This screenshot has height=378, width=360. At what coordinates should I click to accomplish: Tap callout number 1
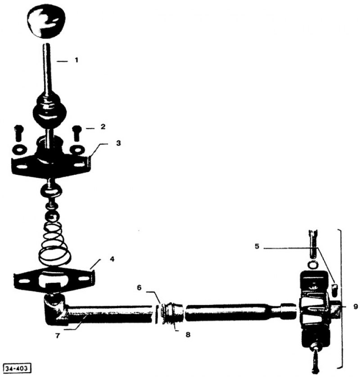pyautogui.click(x=76, y=60)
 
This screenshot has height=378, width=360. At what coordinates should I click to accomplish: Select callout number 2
pyautogui.click(x=103, y=127)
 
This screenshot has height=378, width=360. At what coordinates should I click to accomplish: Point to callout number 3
pyautogui.click(x=118, y=143)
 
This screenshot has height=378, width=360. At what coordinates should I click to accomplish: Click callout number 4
pyautogui.click(x=112, y=259)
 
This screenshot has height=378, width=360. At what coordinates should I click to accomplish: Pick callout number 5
pyautogui.click(x=257, y=246)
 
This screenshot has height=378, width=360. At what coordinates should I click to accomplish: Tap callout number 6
pyautogui.click(x=139, y=287)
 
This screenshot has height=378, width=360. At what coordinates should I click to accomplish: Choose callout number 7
pyautogui.click(x=57, y=335)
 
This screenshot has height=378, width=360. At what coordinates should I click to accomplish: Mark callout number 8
pyautogui.click(x=188, y=334)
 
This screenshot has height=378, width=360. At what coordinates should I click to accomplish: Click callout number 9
pyautogui.click(x=355, y=307)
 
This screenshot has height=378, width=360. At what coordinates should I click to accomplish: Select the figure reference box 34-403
pyautogui.click(x=17, y=369)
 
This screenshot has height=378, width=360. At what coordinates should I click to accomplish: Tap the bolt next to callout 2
pyautogui.click(x=77, y=133)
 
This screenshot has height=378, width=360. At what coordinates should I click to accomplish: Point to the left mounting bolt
pyautogui.click(x=18, y=133)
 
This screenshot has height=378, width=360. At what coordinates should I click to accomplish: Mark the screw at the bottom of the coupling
pyautogui.click(x=316, y=357)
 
